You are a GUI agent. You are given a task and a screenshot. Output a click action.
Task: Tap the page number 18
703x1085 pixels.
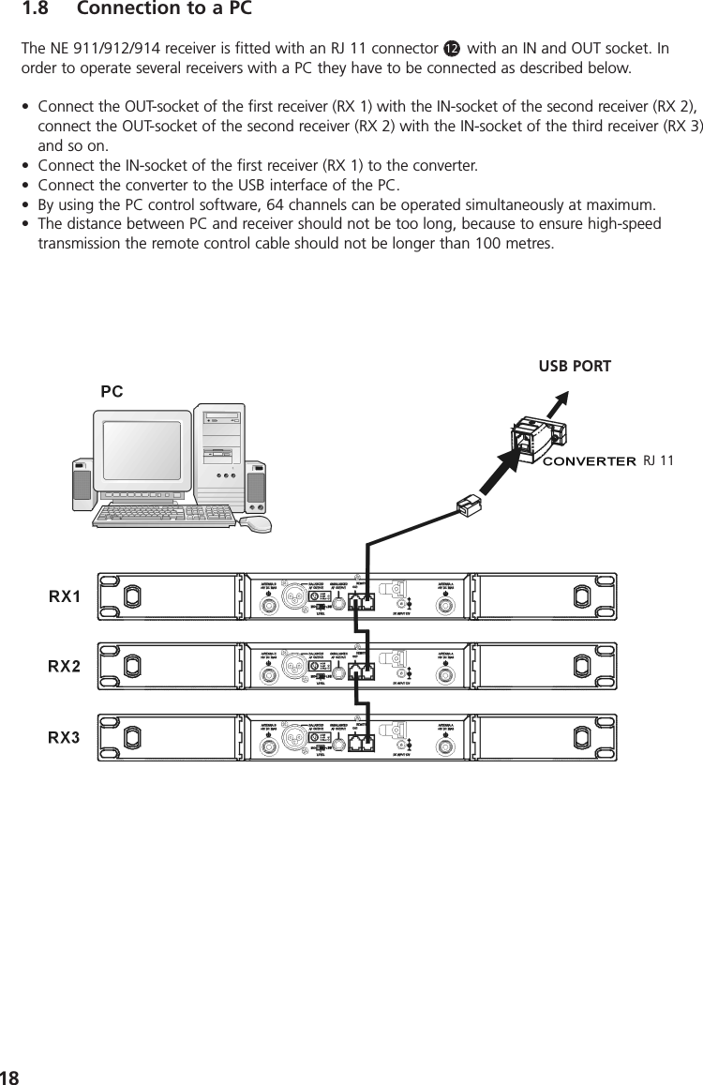tap(11, 1075)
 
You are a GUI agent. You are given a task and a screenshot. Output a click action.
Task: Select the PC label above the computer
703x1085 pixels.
tap(112, 392)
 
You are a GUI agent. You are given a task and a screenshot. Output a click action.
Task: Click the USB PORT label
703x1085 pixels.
tap(574, 366)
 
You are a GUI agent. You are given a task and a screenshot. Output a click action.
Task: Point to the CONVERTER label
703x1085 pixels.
tap(591, 460)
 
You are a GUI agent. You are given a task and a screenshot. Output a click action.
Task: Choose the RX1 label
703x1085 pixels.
tap(64, 596)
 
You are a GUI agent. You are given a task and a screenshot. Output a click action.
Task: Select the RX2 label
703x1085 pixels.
tap(64, 667)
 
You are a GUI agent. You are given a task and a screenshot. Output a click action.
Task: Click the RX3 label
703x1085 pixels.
tap(64, 737)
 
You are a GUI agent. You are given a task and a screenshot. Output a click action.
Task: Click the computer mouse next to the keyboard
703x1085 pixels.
tap(255, 522)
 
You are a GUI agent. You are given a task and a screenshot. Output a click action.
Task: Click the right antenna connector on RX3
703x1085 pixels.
tap(445, 743)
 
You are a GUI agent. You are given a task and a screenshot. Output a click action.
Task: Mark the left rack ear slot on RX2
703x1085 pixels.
tap(132, 667)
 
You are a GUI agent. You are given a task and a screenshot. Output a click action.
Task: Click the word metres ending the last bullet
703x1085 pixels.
tap(528, 245)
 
